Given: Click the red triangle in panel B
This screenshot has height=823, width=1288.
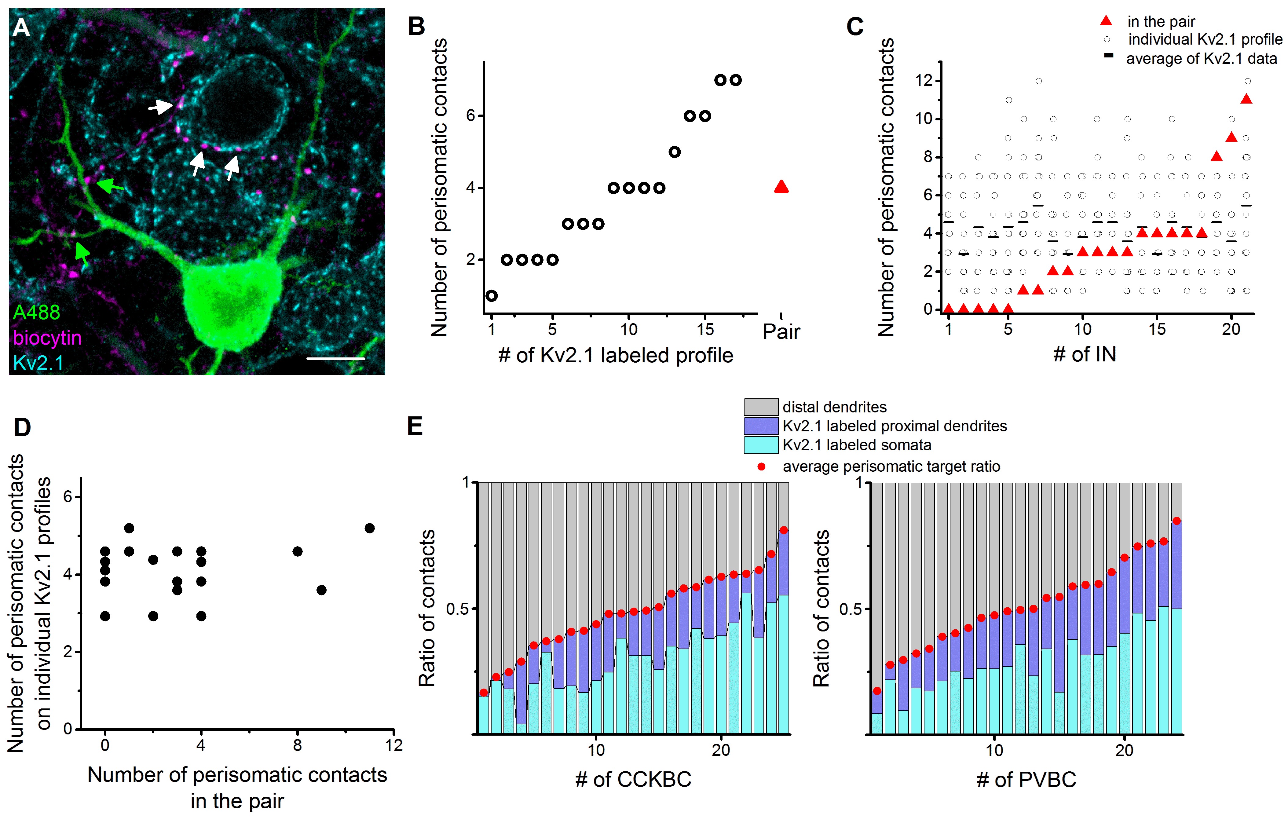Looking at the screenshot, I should (781, 187).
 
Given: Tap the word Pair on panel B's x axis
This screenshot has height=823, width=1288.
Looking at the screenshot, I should (781, 331).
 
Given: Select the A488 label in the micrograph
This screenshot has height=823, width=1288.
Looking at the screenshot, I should (36, 312).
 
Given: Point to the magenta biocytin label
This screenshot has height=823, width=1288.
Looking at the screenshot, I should (47, 338).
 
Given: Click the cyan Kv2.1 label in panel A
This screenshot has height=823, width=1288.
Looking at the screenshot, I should (38, 363).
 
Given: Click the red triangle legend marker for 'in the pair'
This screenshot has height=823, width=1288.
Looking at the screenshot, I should (1106, 21).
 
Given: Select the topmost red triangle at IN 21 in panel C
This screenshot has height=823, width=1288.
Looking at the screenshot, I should (1246, 99).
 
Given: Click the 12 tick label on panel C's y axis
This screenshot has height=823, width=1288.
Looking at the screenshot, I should (924, 81).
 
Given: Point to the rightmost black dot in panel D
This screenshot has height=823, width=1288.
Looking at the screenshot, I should (369, 528).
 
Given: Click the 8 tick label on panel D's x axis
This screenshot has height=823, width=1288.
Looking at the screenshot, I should (297, 745).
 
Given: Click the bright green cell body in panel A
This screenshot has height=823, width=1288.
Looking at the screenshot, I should (233, 302).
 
